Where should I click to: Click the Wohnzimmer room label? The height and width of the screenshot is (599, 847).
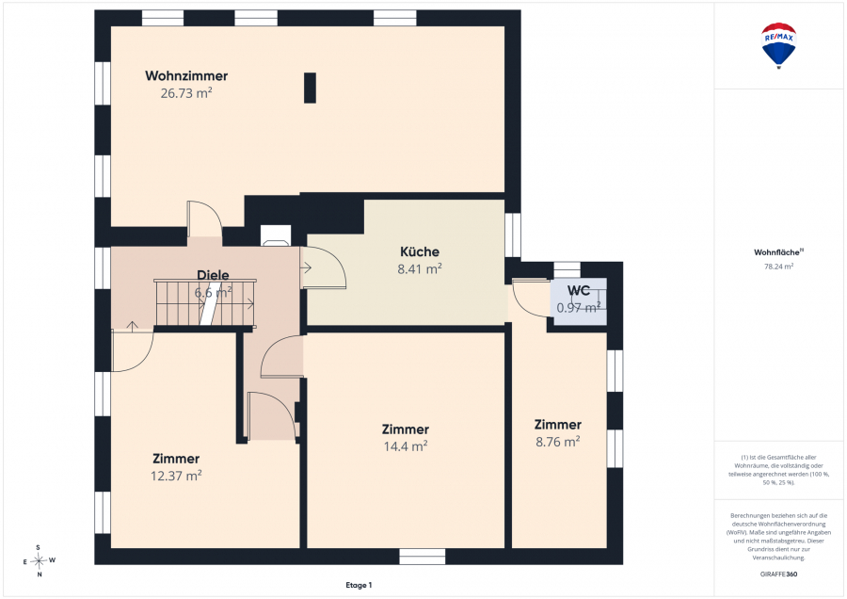coord(186,75)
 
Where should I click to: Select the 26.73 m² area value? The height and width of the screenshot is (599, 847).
coord(186,93)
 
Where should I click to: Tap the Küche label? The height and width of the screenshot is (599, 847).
coord(420,251)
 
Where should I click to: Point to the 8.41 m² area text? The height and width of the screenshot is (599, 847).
coord(420,268)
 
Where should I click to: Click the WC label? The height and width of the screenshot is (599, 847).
coord(579,290)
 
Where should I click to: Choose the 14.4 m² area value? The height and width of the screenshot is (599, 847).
coord(406,446)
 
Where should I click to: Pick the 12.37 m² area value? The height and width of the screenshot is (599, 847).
coord(176,476)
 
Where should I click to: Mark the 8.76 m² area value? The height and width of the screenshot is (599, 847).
coord(558,442)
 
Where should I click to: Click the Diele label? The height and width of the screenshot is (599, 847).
coord(213,275)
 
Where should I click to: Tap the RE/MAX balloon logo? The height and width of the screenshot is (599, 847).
coord(778,45)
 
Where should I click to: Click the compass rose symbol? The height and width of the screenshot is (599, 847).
coord(39,560)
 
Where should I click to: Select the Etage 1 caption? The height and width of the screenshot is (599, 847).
coord(359,585)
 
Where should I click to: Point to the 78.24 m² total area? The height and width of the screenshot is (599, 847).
coord(778,267)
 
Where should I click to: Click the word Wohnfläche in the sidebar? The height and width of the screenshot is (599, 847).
coord(777,252)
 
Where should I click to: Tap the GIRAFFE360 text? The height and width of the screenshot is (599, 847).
coord(778,575)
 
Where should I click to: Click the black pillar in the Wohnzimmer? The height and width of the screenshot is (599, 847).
coord(310,88)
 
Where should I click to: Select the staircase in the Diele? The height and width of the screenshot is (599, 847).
coord(205,302)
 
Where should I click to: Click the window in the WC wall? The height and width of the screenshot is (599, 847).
coord(567,269)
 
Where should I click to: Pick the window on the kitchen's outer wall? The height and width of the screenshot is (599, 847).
coord(513,235)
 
